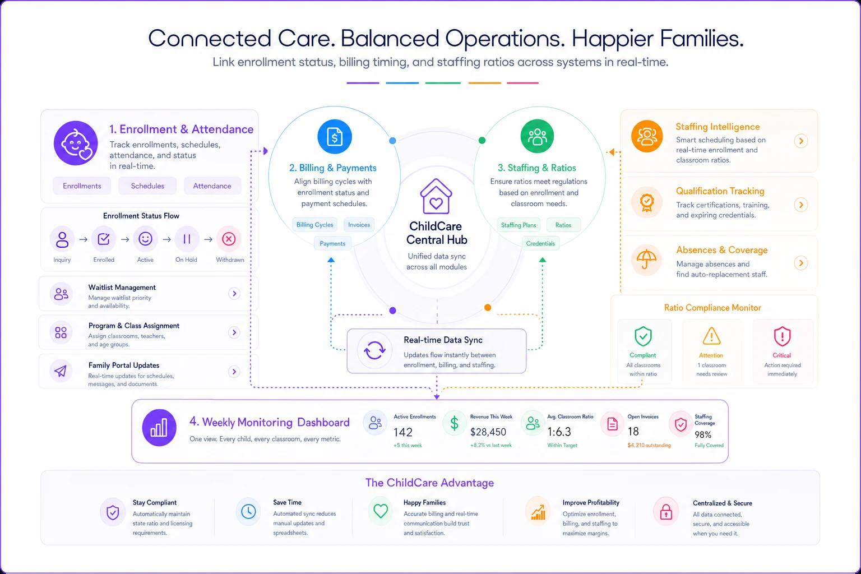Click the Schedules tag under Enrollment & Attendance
click(147, 186)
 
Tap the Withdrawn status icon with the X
click(229, 239)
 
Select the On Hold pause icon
click(187, 239)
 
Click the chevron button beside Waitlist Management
click(234, 294)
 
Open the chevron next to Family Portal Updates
click(234, 372)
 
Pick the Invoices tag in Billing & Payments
click(359, 225)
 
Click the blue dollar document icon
click(335, 136)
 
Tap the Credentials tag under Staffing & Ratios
click(540, 243)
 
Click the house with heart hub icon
click(436, 196)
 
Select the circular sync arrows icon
click(375, 350)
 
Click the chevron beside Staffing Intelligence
click(801, 141)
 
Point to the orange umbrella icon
click(646, 260)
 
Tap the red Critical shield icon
click(782, 336)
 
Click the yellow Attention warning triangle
click(711, 336)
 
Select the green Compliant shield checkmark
click(643, 336)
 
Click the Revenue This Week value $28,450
click(488, 432)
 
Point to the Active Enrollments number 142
click(403, 432)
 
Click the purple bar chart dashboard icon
click(159, 428)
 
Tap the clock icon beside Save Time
click(248, 512)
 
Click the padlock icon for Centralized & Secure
click(666, 512)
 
